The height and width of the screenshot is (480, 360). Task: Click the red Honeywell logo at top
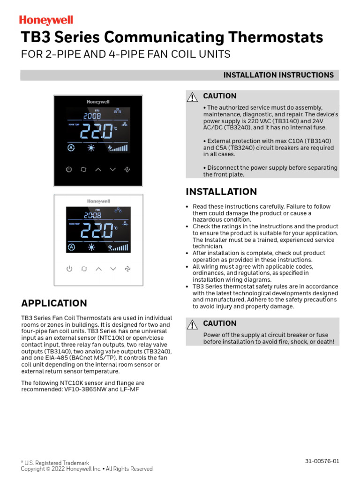(x=46, y=20)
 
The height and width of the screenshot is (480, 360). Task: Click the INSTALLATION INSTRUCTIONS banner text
(x=278, y=75)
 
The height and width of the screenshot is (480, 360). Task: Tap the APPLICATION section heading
(x=54, y=303)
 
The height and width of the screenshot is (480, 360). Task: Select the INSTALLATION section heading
(x=221, y=192)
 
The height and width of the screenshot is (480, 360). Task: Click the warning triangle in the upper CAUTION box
(x=192, y=97)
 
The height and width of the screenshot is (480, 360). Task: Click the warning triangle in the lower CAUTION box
(x=192, y=324)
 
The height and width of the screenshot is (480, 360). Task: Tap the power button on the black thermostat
(x=69, y=170)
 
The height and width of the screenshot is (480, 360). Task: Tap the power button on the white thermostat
(x=69, y=269)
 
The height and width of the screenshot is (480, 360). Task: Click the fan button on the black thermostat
(x=127, y=170)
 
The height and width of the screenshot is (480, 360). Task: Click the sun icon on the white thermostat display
(x=91, y=247)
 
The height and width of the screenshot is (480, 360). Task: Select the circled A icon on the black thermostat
(x=71, y=148)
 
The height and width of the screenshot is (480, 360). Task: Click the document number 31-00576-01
(x=322, y=461)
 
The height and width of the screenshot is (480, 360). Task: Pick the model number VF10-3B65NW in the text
(x=83, y=389)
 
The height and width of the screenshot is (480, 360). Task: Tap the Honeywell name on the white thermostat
(x=98, y=201)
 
